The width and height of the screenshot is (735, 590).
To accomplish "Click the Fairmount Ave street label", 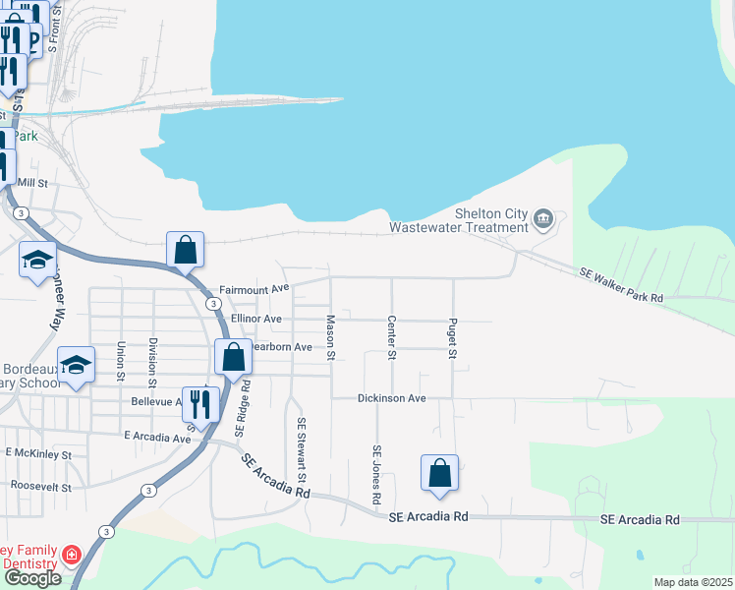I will click(254, 289).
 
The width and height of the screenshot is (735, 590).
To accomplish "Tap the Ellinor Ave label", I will click(256, 320).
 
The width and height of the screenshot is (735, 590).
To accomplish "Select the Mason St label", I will click(331, 335).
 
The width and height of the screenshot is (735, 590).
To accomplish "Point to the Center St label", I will click(391, 336).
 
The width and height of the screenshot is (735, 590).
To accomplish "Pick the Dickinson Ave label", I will click(391, 398).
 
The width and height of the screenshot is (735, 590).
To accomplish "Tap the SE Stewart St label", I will click(303, 449).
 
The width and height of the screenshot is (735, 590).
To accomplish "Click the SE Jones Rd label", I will click(376, 476).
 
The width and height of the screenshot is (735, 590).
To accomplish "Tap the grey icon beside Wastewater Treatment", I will click(543, 218).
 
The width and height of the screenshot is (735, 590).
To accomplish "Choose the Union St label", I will click(121, 360).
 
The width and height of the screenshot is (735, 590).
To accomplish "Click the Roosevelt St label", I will click(40, 486).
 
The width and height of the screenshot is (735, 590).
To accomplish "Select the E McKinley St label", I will click(38, 454).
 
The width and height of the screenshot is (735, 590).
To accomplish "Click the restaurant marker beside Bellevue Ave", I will click(200, 403).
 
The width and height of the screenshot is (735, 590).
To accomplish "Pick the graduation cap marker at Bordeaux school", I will click(76, 365).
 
